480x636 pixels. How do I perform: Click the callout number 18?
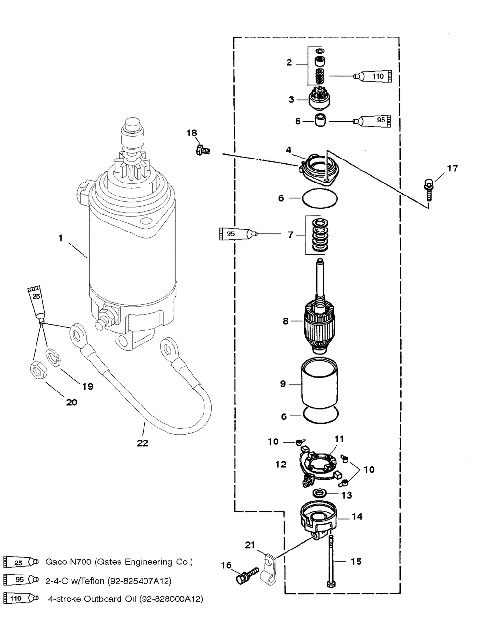[x=192, y=133]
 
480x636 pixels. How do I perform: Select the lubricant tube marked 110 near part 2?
[x=372, y=76]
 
